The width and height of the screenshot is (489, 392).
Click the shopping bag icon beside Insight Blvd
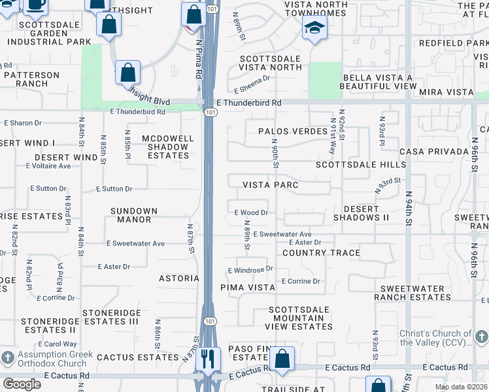click(128, 73)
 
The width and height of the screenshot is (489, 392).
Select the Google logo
click(22, 384)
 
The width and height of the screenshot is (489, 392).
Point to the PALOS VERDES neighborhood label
click(292, 131)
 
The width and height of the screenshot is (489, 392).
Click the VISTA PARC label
click(271, 185)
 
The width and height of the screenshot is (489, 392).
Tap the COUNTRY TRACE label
click(321, 253)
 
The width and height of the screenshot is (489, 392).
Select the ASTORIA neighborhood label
click(179, 278)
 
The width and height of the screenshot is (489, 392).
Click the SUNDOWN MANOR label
click(134, 216)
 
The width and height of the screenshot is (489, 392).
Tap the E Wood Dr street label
click(252, 212)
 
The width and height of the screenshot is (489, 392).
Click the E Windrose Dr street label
click(250, 269)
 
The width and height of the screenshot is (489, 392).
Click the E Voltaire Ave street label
click(48, 166)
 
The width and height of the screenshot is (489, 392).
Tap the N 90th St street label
click(275, 152)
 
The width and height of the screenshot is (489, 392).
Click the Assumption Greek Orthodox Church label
click(44, 361)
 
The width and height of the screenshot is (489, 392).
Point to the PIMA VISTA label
click(248, 287)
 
